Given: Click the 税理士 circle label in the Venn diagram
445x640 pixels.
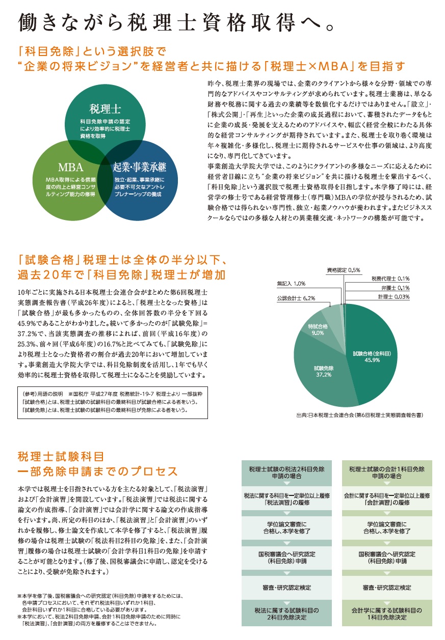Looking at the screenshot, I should click(104, 108).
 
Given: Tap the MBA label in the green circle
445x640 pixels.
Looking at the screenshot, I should click(70, 168).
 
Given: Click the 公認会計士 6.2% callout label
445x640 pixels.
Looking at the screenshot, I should click(296, 298).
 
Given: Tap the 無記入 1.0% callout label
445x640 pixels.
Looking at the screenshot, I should click(291, 283).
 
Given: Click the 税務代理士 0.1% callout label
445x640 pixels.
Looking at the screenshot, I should click(390, 279).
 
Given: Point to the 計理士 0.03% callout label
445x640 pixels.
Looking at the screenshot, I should click(394, 296).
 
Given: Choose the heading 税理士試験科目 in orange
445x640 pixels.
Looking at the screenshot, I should click(61, 455).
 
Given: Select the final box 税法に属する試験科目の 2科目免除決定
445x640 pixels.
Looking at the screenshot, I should click(286, 613).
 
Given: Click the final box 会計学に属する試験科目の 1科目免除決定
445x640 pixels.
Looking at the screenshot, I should click(387, 613).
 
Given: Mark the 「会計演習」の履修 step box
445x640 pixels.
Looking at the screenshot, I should click(387, 498).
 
